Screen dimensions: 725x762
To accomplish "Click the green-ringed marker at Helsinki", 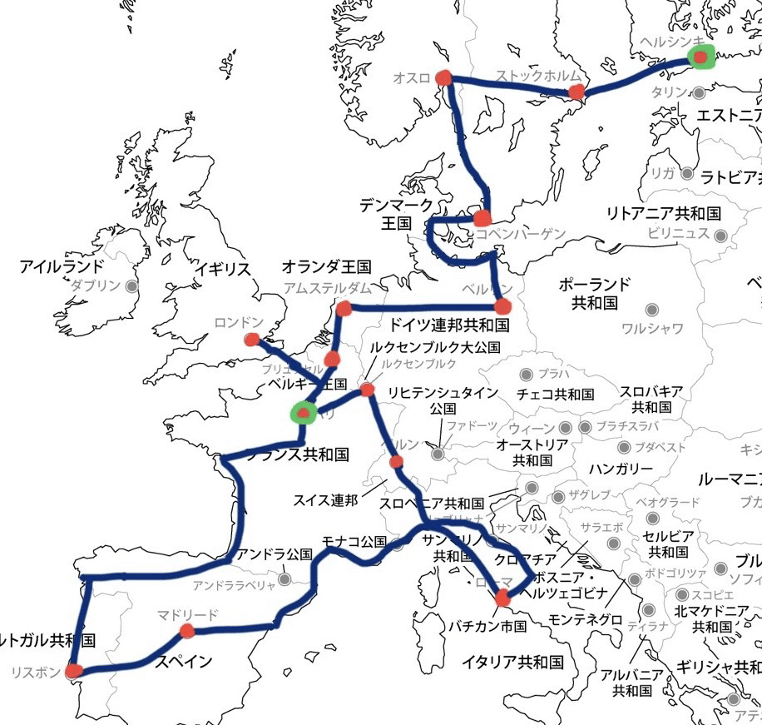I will [701, 57].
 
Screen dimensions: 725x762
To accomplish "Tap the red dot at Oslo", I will [443, 78].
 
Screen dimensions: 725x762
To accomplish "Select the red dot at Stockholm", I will [576, 92].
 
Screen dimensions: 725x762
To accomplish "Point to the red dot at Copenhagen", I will [482, 219].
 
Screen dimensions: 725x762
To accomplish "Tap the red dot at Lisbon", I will [74, 671].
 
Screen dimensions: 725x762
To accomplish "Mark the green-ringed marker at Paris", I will [302, 412].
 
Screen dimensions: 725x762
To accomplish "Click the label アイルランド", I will [62, 267].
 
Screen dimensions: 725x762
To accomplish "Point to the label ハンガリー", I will [621, 469].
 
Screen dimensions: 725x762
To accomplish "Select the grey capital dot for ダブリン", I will [131, 286].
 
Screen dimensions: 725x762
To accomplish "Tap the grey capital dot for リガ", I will [687, 174].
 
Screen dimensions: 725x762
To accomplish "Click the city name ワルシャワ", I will [651, 329].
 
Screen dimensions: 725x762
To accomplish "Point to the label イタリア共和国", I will [514, 663].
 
